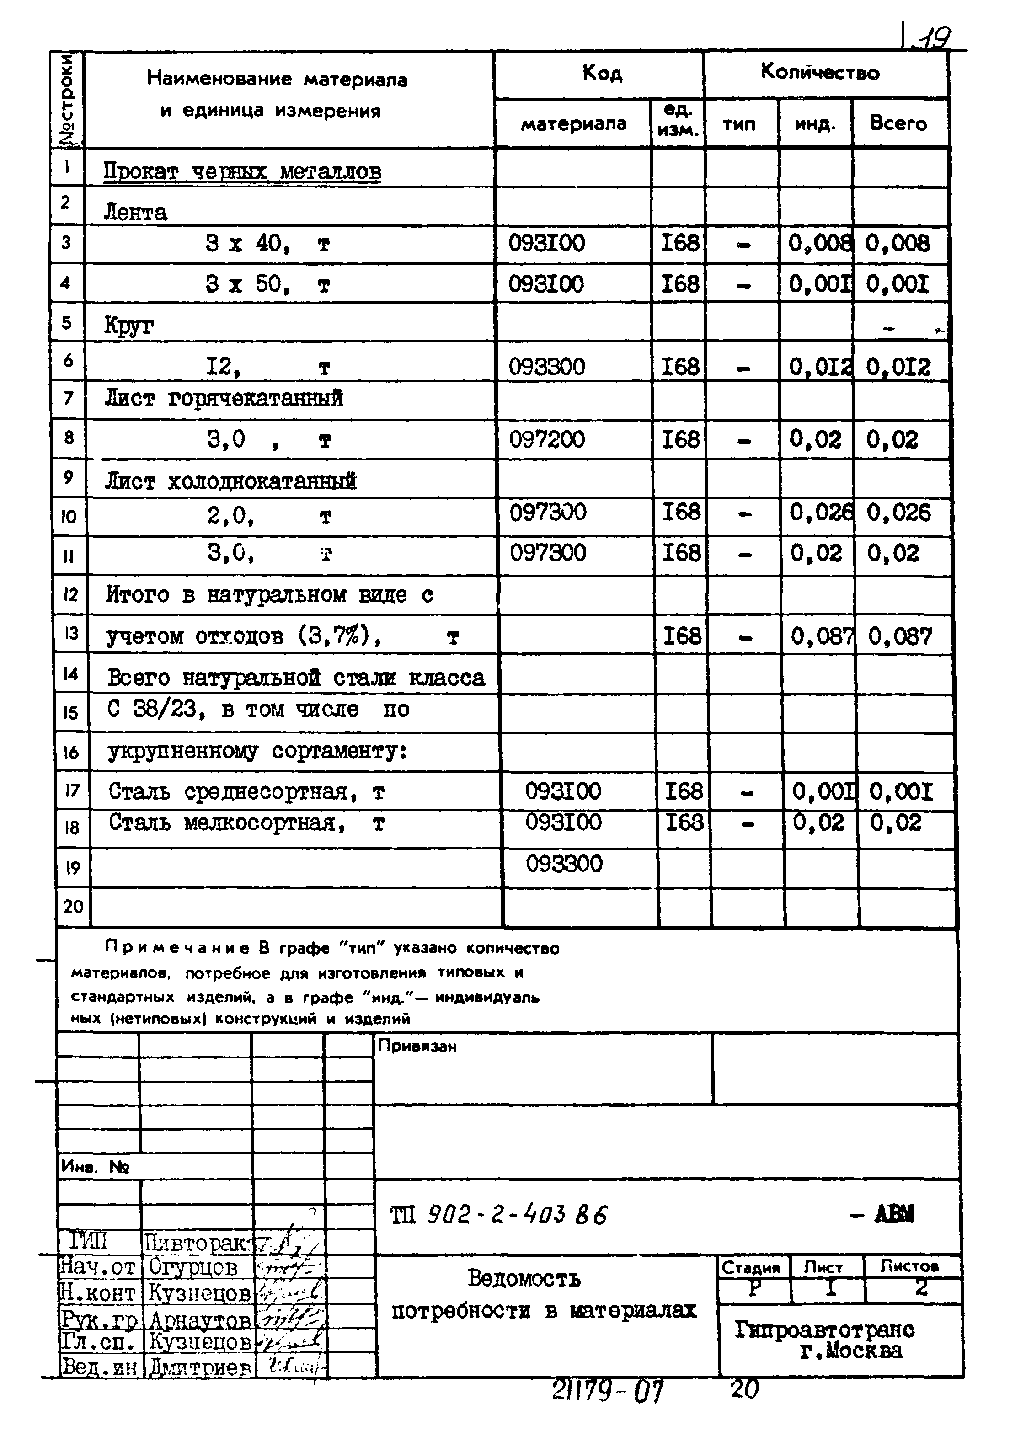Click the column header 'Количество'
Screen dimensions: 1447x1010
coord(820,73)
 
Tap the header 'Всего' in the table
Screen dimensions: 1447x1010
coord(898,123)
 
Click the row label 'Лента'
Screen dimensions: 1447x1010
coord(135,213)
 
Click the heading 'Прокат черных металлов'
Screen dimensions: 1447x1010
coord(242,171)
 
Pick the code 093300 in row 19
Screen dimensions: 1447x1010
coord(564,864)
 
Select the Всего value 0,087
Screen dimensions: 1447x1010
coord(900,636)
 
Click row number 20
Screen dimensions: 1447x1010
coord(73,906)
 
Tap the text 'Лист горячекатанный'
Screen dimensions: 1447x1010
coord(224,398)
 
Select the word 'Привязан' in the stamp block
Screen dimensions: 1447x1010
coord(417,1046)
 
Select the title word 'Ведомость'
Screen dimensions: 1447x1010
coord(524,1279)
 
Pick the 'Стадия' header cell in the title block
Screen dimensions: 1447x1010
coord(750,1267)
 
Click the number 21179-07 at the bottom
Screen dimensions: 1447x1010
coord(608,1390)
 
